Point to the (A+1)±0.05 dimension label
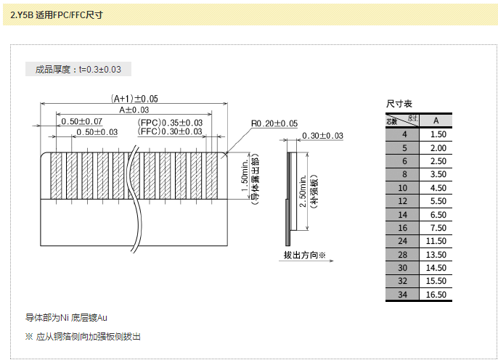[134, 98]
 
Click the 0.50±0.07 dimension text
[82, 120]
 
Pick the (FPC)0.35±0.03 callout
[170, 122]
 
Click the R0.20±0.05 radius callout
[274, 123]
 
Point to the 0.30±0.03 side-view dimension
[322, 136]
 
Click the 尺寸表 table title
[399, 105]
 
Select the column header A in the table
[435, 120]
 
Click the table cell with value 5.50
[438, 200]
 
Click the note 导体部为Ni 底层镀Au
[67, 318]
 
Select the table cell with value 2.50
[438, 160]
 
